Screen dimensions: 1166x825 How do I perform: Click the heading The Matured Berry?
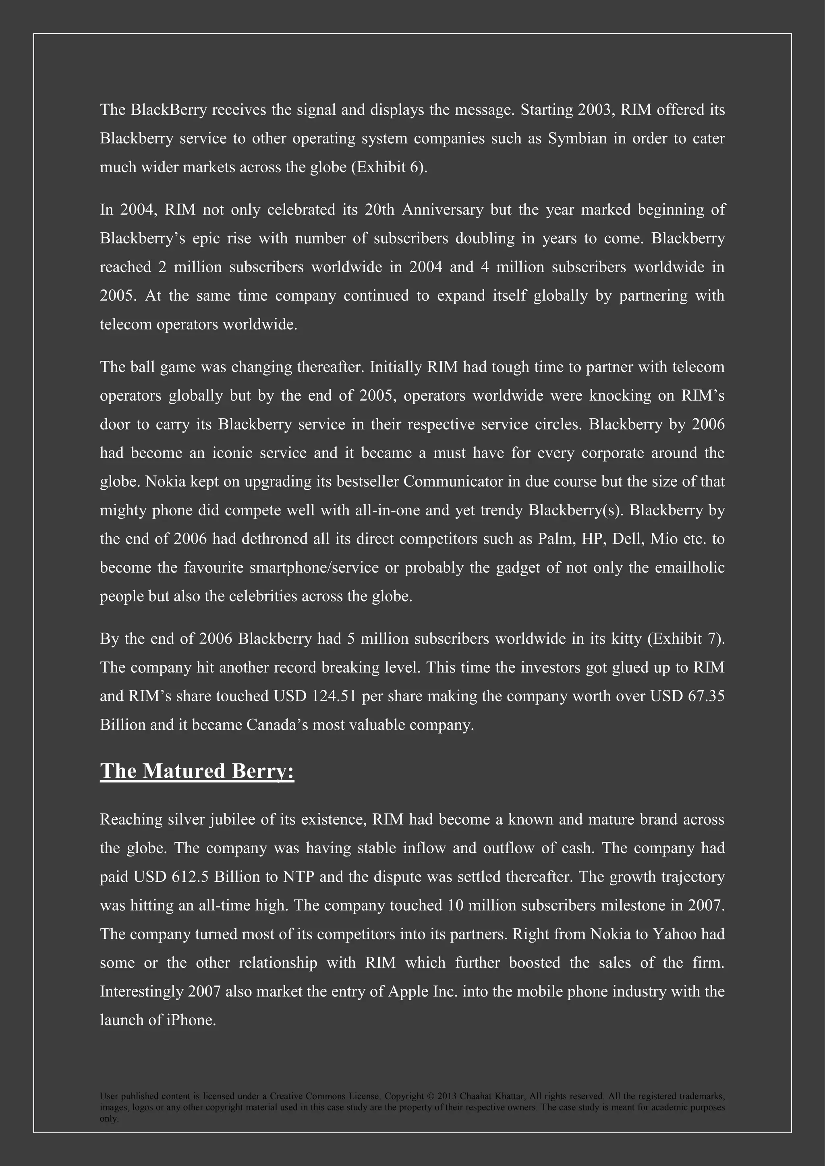pos(197,771)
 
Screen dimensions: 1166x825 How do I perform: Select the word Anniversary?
pos(442,210)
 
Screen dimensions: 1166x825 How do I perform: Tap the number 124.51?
pos(333,696)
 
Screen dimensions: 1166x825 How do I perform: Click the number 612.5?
pos(190,877)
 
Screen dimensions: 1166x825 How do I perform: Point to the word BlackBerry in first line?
pos(169,110)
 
